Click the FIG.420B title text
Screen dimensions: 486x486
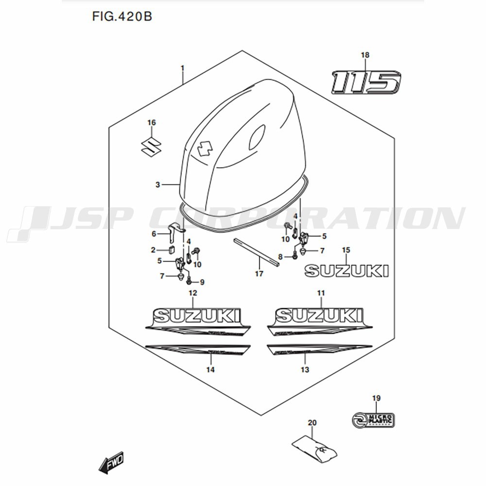[121, 17]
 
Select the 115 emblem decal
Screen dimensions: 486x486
[365, 82]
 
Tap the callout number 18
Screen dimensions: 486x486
[365, 55]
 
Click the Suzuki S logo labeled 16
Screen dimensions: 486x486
[151, 145]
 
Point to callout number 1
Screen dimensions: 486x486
[183, 68]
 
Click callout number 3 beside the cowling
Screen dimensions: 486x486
[157, 185]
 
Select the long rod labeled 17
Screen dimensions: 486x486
[257, 253]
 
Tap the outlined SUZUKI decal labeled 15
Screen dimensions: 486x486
[347, 271]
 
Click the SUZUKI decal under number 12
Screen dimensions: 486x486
[197, 317]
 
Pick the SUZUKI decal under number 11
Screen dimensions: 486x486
[319, 315]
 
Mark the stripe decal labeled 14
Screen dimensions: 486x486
[198, 351]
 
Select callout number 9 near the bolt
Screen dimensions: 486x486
[202, 282]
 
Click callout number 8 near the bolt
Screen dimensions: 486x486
[280, 256]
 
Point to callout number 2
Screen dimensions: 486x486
[153, 250]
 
